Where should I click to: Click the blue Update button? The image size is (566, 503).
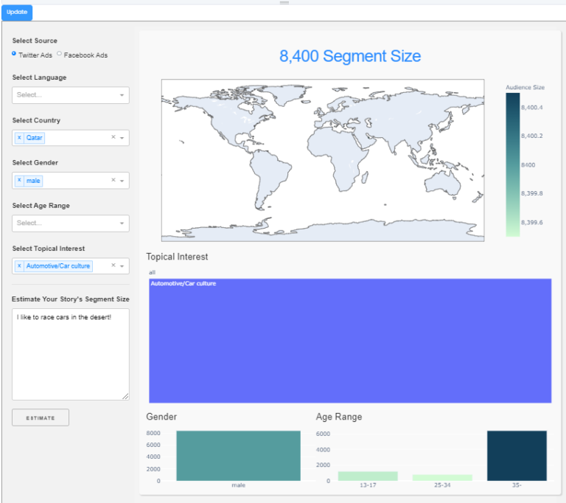(16, 12)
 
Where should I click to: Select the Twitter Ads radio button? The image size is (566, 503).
(15, 54)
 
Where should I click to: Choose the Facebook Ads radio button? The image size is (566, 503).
(60, 54)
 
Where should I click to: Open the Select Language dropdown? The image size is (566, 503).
(70, 95)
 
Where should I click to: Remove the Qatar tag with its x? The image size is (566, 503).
(20, 137)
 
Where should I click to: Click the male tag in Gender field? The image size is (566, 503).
(33, 180)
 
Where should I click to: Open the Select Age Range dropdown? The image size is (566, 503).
(70, 223)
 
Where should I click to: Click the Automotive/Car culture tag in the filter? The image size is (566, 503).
(58, 266)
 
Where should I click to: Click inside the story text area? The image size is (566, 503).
(70, 354)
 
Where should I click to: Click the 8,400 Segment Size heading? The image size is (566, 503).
(350, 56)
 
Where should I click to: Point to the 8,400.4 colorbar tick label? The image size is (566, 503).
(531, 108)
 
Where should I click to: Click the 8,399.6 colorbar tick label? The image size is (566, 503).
(531, 222)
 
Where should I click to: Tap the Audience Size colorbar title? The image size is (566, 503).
(525, 87)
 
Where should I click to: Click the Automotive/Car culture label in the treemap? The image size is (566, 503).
(183, 283)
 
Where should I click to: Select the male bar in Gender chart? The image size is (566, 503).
(238, 456)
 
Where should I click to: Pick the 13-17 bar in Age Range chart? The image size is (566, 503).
(368, 476)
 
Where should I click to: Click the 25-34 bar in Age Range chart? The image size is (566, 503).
(442, 477)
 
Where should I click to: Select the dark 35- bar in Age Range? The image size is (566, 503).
(517, 456)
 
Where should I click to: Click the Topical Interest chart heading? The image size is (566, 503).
(177, 257)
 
